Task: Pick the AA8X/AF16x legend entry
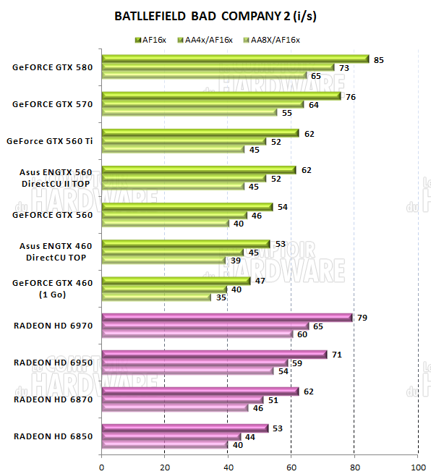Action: click(x=273, y=39)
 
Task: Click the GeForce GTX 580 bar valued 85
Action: click(x=235, y=59)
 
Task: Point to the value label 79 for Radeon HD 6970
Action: click(x=361, y=318)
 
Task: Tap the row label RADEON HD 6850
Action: click(x=53, y=436)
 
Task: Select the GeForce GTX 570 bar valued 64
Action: click(x=203, y=104)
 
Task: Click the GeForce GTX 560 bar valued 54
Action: click(x=187, y=207)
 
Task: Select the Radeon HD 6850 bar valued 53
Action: click(x=185, y=428)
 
